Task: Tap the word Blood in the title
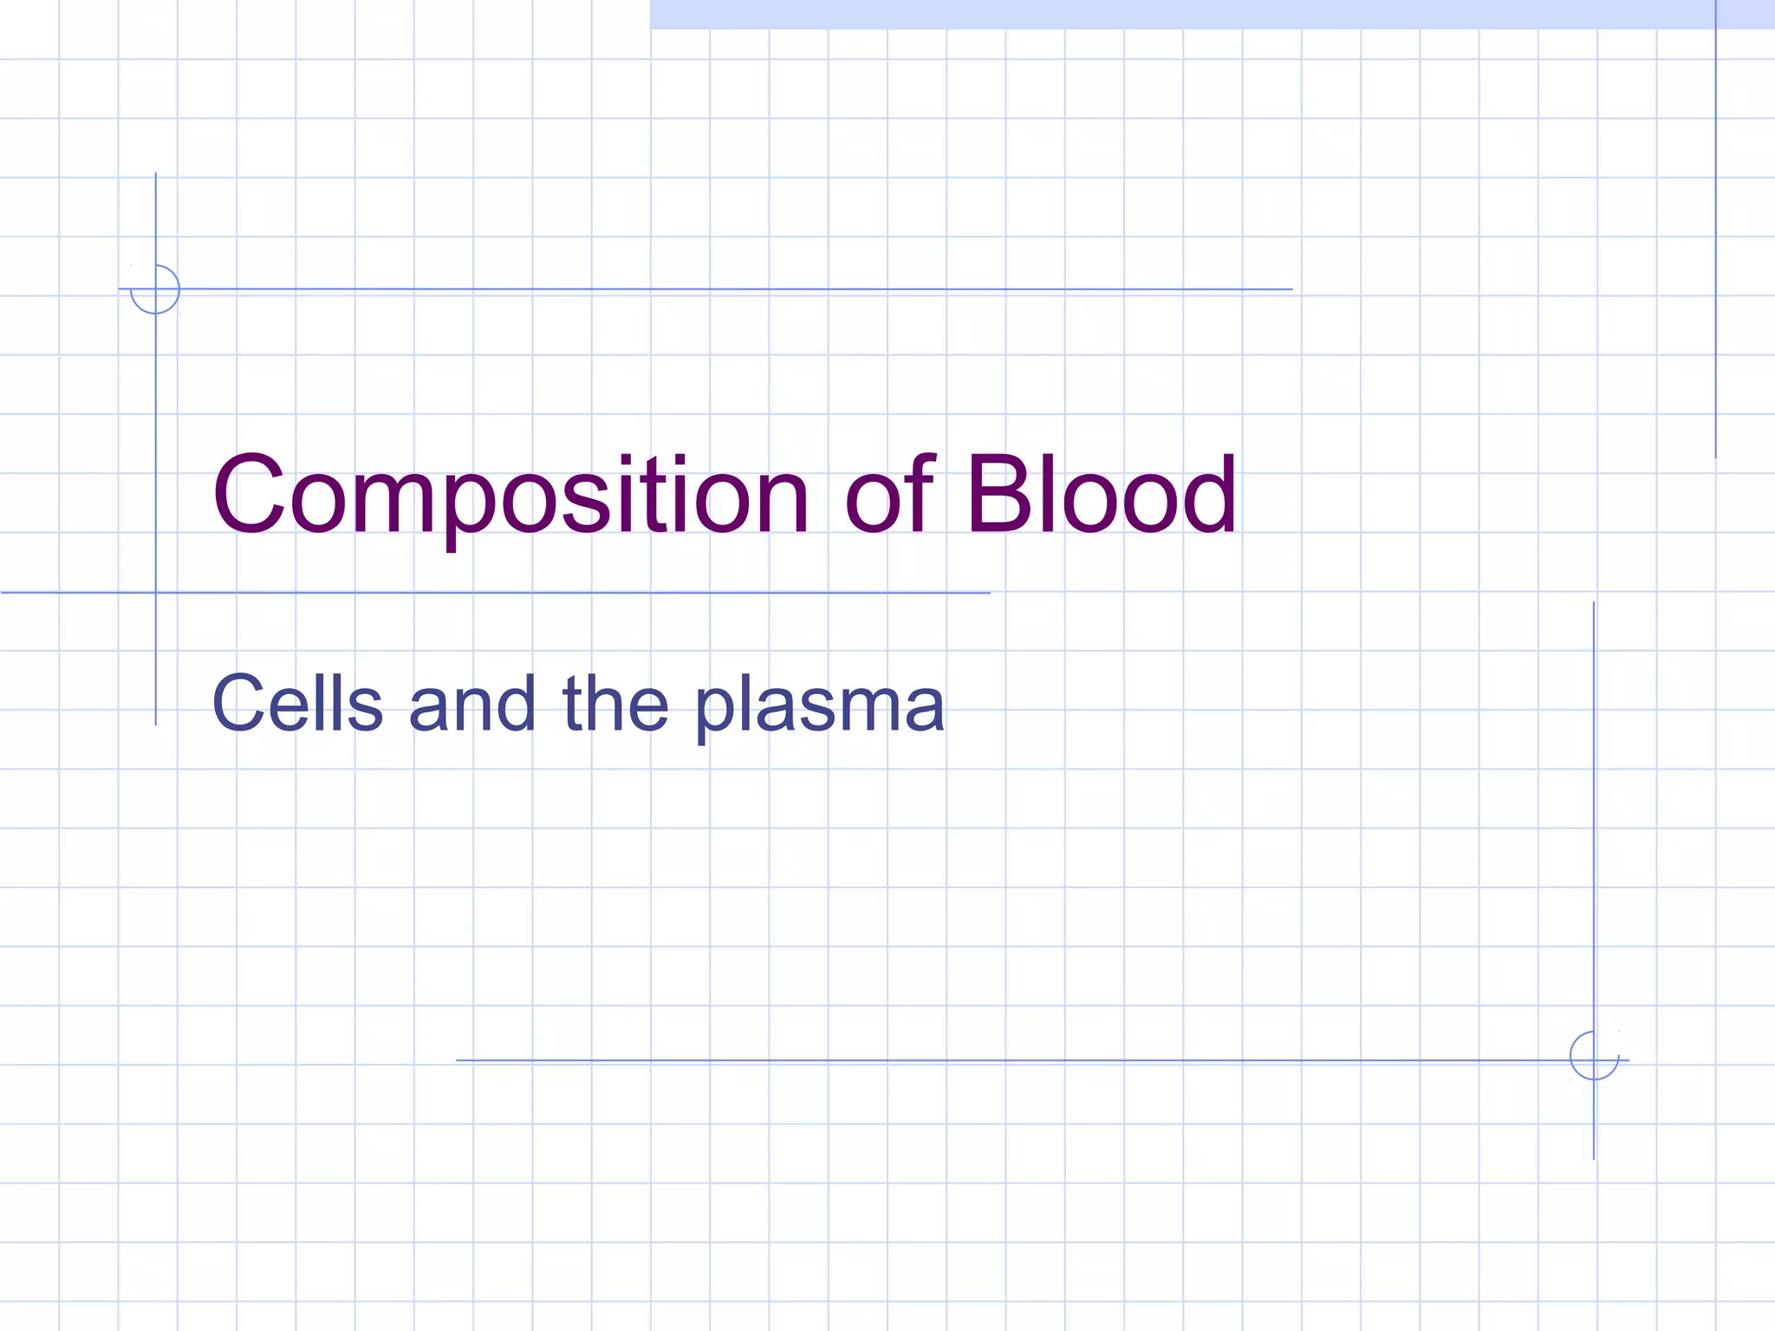tap(1101, 496)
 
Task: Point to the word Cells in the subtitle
tap(297, 704)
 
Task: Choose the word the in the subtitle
tap(615, 704)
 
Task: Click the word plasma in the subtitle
tap(820, 706)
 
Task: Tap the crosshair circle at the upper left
tap(155, 289)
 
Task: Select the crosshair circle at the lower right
tap(1594, 1055)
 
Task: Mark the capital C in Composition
tap(250, 496)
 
